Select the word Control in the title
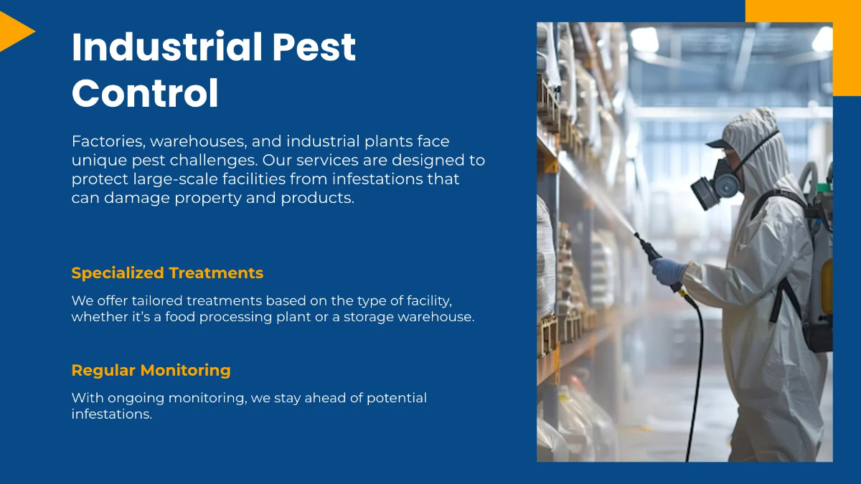(x=145, y=93)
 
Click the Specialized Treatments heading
(x=167, y=273)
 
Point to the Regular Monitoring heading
(x=151, y=371)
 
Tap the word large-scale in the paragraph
(x=177, y=179)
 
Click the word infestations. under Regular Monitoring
(x=112, y=414)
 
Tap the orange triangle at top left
(x=14, y=32)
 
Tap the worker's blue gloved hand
(x=667, y=271)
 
